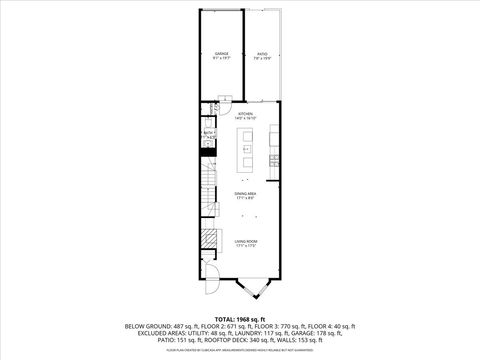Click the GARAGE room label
point(221,53)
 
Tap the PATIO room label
point(263,53)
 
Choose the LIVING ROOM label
point(246,242)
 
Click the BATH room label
point(209,131)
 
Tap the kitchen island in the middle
point(243,155)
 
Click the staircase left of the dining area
point(209,190)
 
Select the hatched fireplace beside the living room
point(208,240)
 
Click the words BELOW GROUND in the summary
point(145,327)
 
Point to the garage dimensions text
point(221,58)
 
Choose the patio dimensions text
point(263,58)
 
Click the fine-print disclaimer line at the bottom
point(240,352)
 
